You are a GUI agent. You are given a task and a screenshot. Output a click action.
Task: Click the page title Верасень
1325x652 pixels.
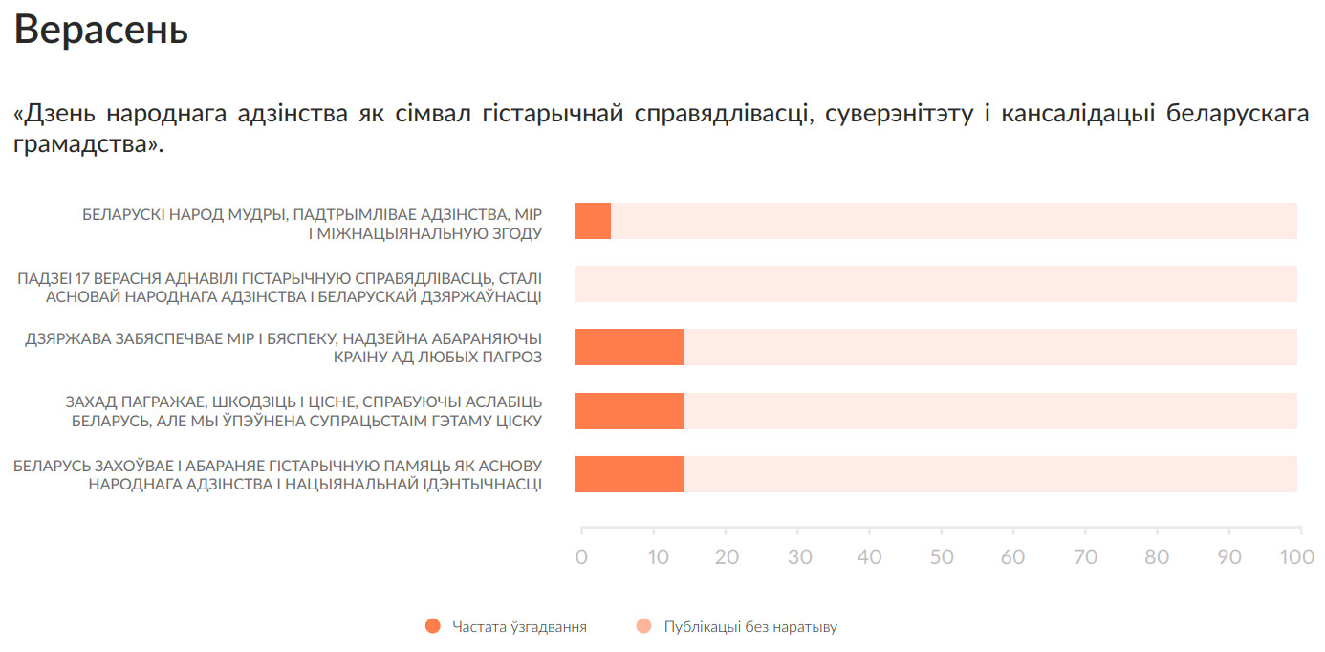101,31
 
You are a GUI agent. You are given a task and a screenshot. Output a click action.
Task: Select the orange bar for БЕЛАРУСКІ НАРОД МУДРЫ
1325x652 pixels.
593,221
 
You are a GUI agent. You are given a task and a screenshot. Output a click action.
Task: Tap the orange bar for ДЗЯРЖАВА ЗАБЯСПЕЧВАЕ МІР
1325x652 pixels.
629,347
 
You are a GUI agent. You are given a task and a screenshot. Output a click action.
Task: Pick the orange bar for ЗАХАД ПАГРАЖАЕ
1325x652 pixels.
629,411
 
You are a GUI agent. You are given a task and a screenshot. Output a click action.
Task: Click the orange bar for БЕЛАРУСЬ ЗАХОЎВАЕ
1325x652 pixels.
629,474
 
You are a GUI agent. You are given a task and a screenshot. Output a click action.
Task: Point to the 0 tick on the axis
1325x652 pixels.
581,556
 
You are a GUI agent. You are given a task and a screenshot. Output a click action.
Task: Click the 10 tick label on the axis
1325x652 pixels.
654,556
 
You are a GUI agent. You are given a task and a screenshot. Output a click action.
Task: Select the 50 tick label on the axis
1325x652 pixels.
942,556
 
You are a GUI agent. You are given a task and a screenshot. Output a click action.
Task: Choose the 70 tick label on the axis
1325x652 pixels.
1085,556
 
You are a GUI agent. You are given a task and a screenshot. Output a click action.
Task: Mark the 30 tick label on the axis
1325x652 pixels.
798,556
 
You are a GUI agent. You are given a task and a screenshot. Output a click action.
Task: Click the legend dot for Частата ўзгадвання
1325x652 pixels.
433,627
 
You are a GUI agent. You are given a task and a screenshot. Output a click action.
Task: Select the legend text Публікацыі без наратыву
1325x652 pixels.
750,627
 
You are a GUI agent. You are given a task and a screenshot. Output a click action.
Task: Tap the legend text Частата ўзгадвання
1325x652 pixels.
519,627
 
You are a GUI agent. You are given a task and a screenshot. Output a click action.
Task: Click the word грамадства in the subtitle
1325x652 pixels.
84,146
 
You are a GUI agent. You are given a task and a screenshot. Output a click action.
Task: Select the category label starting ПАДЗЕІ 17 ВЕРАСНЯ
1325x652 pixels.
279,287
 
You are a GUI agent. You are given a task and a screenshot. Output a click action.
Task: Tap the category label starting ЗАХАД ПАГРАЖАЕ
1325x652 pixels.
304,411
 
